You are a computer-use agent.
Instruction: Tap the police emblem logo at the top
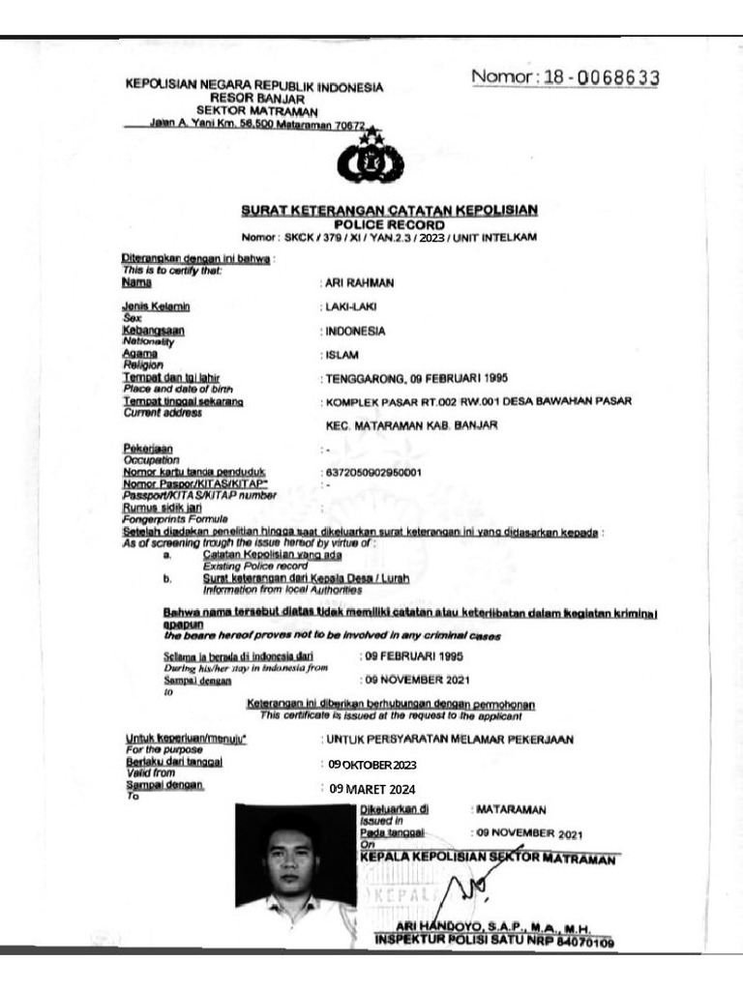370,161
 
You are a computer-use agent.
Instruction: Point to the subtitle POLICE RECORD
389,222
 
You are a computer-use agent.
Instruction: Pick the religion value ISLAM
343,355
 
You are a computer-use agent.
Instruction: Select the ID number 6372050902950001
375,472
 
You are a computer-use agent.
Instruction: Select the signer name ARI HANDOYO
447,925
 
